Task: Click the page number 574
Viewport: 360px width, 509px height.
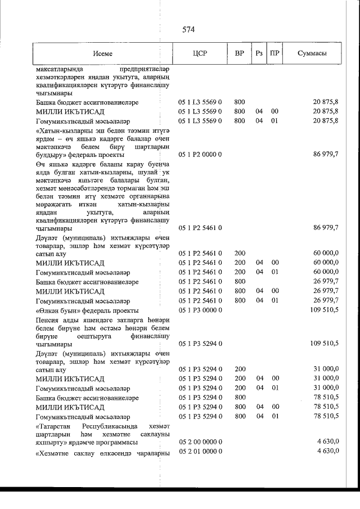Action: (x=188, y=29)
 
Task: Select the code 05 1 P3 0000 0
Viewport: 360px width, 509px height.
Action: (x=201, y=310)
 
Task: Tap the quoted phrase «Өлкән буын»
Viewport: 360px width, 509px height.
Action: (x=57, y=310)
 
